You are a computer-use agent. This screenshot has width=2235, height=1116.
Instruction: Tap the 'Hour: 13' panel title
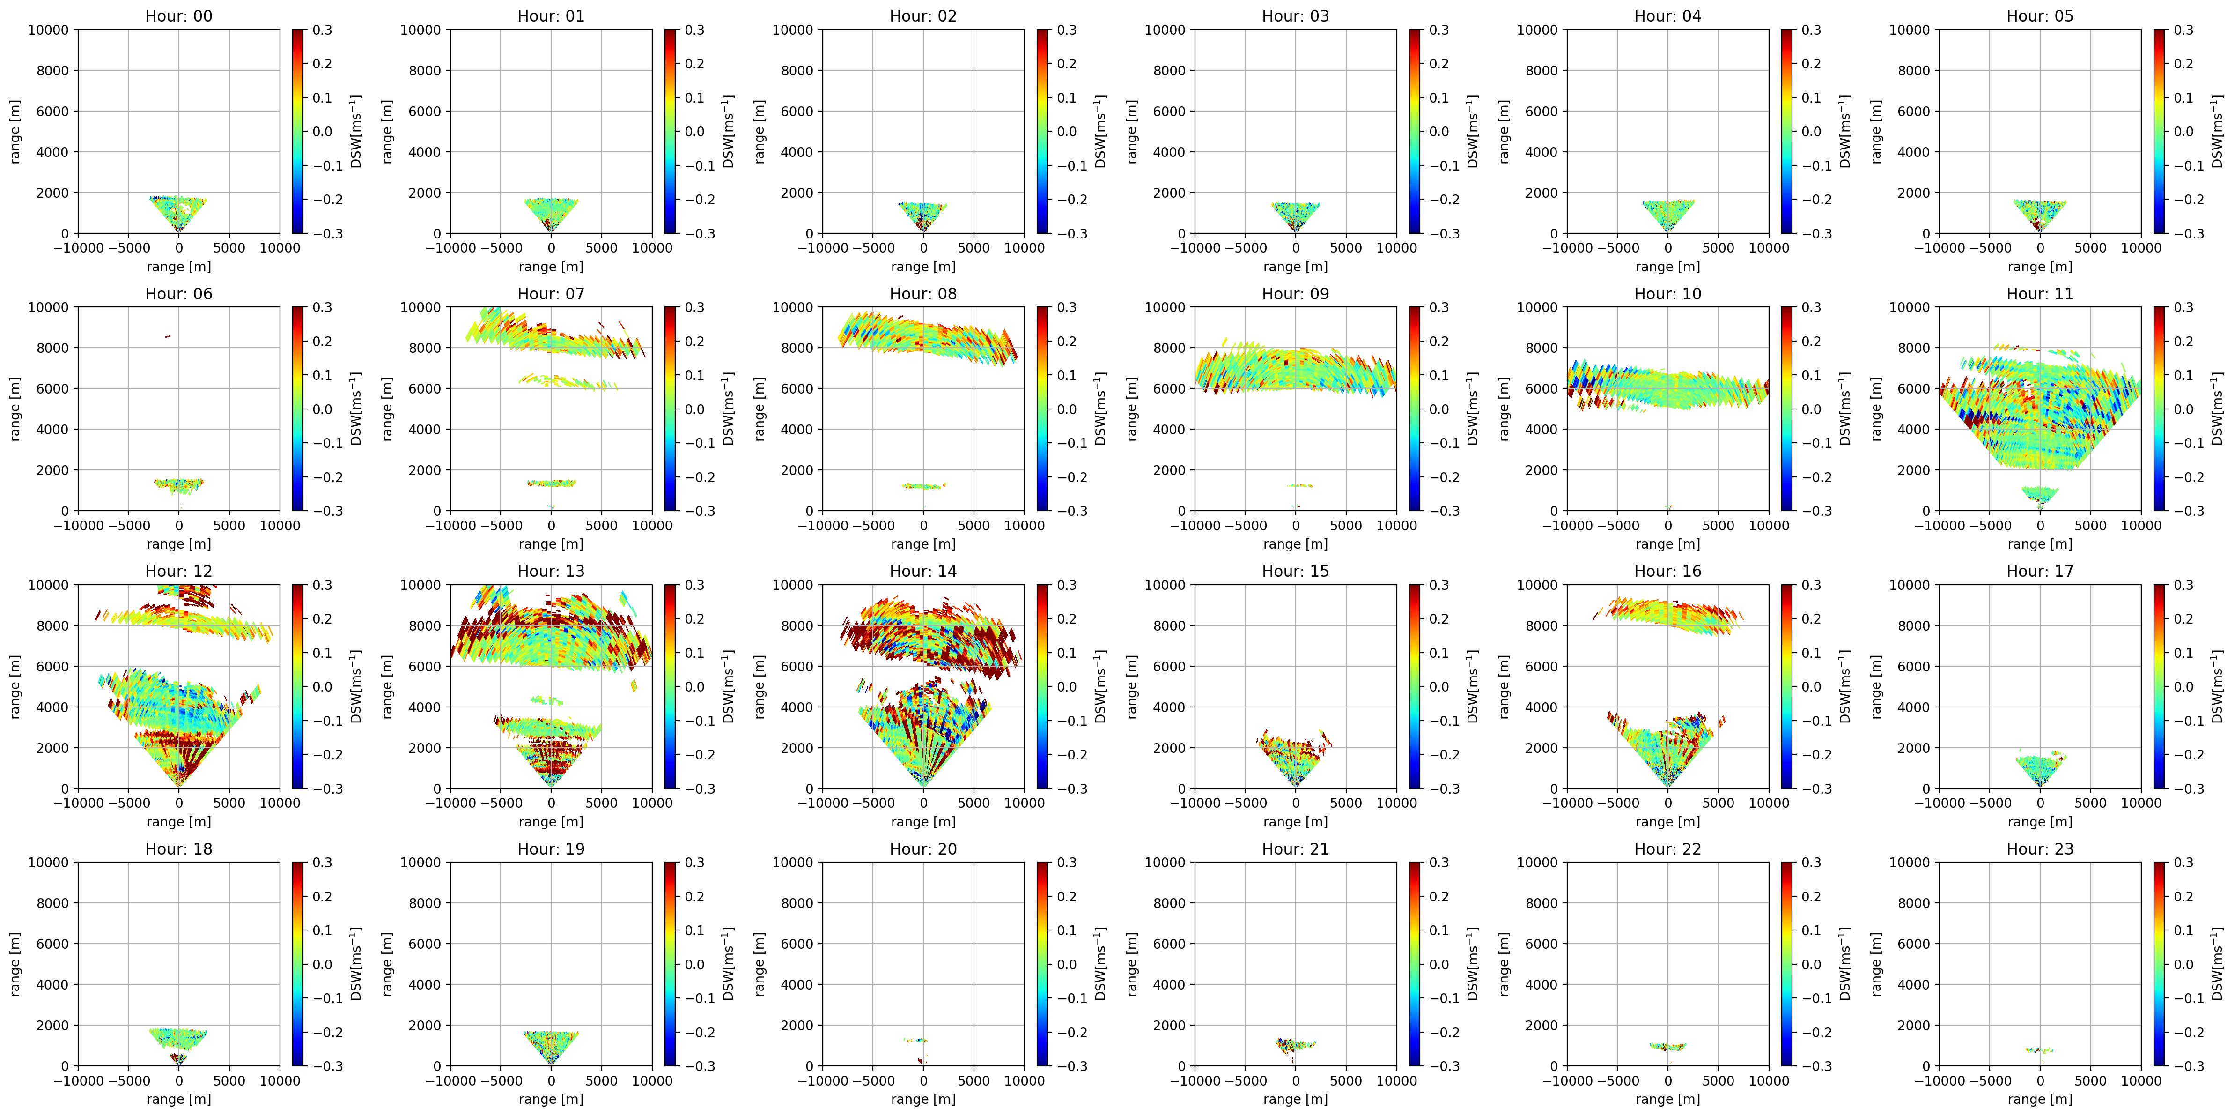551,571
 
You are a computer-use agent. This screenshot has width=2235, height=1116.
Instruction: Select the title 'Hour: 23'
2040,849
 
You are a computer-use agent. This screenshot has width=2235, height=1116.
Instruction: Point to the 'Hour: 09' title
1295,293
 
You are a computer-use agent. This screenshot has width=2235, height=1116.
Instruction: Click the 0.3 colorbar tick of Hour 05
2183,30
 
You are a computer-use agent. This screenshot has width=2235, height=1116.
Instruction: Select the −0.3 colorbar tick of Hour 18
327,1066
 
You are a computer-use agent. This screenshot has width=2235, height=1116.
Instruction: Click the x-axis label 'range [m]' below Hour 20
923,1099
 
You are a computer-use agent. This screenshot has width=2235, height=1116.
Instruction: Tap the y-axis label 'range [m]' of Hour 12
15,686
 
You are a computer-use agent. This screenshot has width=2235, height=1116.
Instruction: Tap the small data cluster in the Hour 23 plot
2040,1050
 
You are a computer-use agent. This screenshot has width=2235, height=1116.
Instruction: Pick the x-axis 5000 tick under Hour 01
601,247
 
